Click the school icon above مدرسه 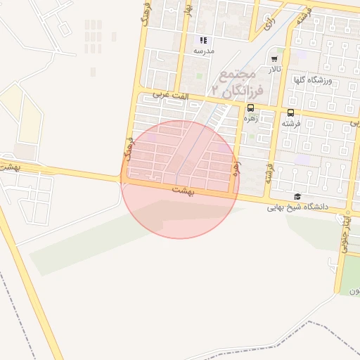[202, 40]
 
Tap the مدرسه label [203, 51]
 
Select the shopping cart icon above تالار [274, 59]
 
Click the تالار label [274, 70]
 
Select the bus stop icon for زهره [250, 108]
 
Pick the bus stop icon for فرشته [290, 112]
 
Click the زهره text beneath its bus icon [250, 118]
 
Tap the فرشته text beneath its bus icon [290, 123]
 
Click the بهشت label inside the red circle [181, 190]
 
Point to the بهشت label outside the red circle [9, 167]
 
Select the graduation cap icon [297, 197]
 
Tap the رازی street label [268, 25]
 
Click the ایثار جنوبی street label [347, 226]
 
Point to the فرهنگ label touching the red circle [128, 150]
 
